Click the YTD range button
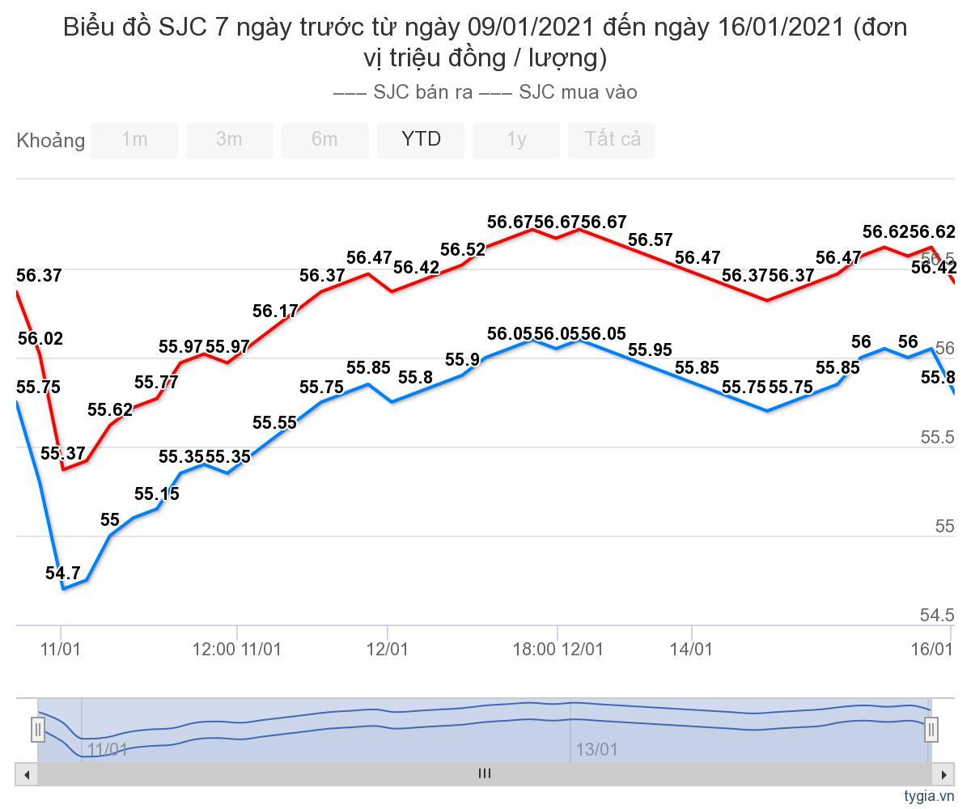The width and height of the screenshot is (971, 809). [421, 140]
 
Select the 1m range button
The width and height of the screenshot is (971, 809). [134, 140]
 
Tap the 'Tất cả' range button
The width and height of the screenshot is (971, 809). [613, 140]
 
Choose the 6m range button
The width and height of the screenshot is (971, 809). [324, 140]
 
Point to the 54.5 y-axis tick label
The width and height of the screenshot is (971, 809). [937, 616]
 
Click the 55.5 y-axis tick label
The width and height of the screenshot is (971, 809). [937, 438]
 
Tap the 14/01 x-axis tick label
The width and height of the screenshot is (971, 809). [692, 649]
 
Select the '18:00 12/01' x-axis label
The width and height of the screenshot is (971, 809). [558, 649]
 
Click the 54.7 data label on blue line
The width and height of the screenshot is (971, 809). [63, 574]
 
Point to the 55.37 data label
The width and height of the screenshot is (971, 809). [63, 454]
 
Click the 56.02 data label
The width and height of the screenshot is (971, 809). [40, 339]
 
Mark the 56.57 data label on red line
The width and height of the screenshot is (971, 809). [650, 239]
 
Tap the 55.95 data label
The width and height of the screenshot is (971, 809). [650, 350]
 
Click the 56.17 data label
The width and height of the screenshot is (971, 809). [275, 311]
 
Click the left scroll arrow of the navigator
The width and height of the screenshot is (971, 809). [27, 774]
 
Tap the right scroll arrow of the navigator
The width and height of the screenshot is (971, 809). [943, 774]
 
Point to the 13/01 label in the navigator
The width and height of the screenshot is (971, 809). [596, 750]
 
